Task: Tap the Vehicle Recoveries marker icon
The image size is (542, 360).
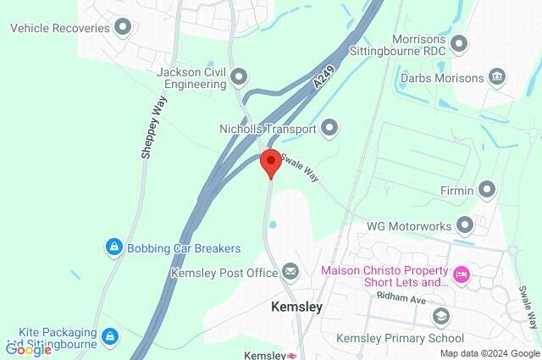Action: [124, 28]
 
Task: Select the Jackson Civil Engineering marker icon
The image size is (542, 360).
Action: [239, 79]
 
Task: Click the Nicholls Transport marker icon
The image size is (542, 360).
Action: [329, 129]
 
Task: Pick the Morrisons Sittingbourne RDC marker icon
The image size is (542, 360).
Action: [459, 42]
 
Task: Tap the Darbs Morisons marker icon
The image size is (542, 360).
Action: [497, 79]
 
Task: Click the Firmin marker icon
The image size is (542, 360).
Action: [487, 191]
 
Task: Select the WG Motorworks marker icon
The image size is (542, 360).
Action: [464, 226]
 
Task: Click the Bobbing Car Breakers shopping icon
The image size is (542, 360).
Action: [113, 248]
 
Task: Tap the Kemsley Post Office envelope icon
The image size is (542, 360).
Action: [290, 273]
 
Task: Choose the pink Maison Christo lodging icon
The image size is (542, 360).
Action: [462, 274]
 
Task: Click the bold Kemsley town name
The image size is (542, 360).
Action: [296, 307]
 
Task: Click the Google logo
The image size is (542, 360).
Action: [28, 349]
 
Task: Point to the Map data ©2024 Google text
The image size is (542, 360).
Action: [489, 353]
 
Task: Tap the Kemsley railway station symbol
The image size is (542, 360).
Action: [290, 356]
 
